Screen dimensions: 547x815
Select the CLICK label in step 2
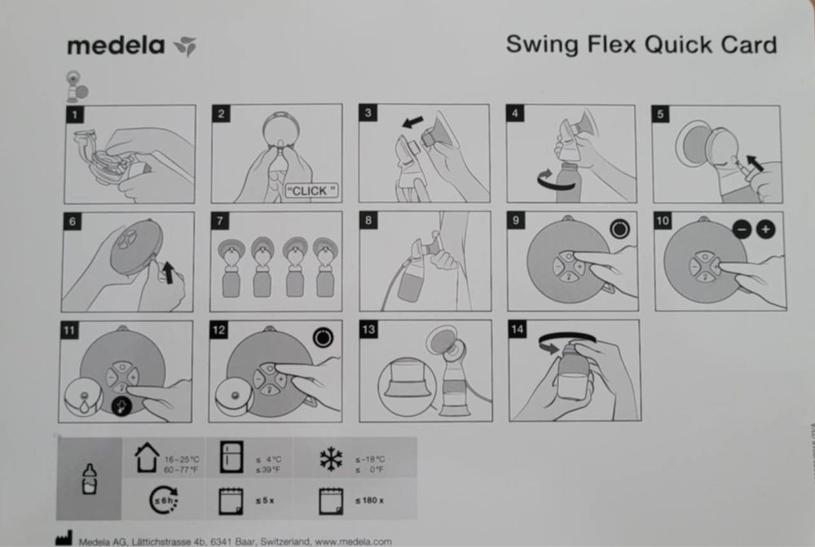(311, 190)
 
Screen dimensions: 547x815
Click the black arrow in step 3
(413, 121)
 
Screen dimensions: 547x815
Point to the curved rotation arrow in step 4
(539, 179)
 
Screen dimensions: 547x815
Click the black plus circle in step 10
(766, 230)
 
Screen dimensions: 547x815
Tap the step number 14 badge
(517, 330)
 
